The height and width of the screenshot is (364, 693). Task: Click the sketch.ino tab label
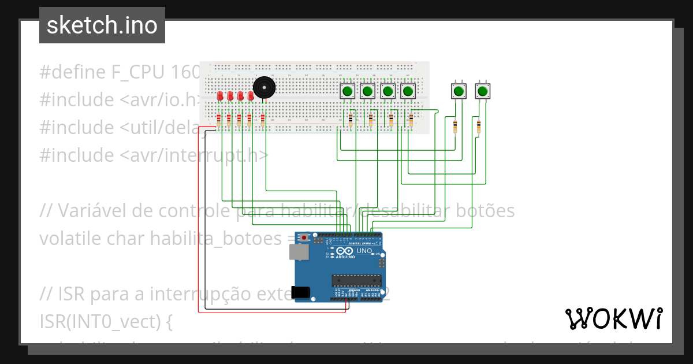[102, 26]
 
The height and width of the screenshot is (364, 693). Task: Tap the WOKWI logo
[613, 318]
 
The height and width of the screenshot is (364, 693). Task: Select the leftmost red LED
[220, 96]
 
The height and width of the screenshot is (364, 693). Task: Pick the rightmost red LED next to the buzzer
[251, 96]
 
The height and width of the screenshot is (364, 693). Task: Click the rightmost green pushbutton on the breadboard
[408, 91]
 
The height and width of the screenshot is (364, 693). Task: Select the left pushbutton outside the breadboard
[458, 91]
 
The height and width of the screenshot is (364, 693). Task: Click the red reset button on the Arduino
[304, 237]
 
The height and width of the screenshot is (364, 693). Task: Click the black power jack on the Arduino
[301, 292]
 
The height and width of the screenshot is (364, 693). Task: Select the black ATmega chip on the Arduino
[356, 281]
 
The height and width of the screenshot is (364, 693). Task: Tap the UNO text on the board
[364, 251]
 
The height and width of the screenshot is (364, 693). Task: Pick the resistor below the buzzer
[263, 120]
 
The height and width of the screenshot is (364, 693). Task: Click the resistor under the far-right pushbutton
[478, 125]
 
